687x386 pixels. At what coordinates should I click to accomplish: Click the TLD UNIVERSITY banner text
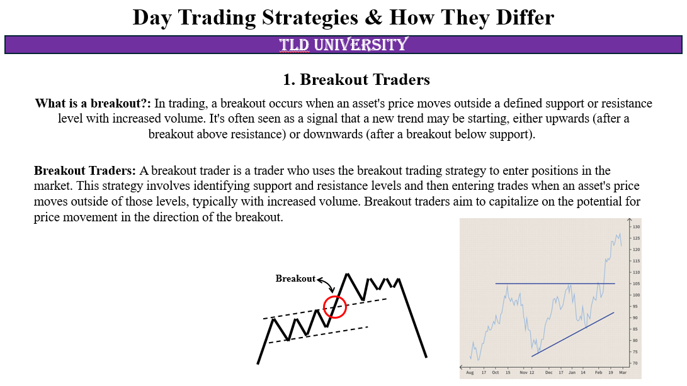click(x=343, y=45)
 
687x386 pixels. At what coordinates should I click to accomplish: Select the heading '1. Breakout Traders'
click(x=356, y=80)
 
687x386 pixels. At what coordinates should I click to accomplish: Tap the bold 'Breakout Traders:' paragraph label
click(x=85, y=170)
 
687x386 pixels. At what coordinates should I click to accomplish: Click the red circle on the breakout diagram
click(x=335, y=307)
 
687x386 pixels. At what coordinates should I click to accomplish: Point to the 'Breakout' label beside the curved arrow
click(x=295, y=278)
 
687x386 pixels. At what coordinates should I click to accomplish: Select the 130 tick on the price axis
click(x=636, y=226)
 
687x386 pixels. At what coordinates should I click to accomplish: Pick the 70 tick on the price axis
click(x=635, y=363)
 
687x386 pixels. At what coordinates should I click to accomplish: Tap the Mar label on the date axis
click(x=622, y=373)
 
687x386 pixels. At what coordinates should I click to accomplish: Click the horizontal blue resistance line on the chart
click(x=554, y=284)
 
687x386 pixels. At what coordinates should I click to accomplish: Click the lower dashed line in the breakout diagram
click(x=318, y=334)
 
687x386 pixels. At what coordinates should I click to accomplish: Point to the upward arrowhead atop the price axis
click(x=628, y=220)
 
